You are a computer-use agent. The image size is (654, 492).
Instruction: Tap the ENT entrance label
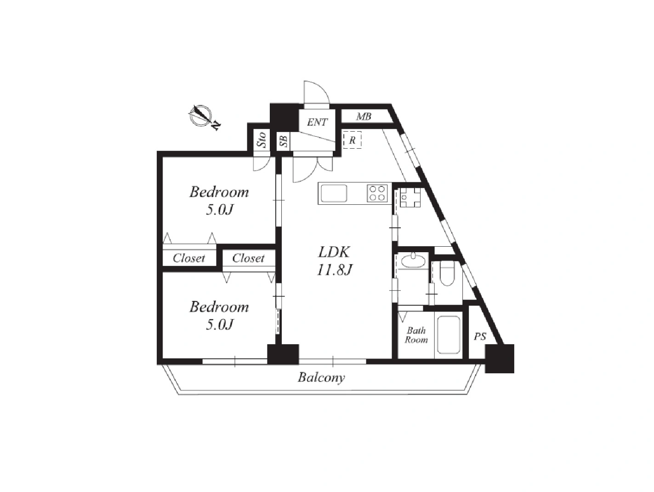(317, 122)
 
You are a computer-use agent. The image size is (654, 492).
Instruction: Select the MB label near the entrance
(364, 116)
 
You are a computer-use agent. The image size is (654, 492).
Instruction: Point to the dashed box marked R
(352, 139)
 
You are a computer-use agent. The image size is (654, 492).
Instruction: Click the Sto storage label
(262, 139)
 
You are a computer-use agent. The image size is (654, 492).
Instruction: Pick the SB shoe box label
(284, 141)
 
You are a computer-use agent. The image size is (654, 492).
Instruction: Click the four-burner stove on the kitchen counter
(377, 193)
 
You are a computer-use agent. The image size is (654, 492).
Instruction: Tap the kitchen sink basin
(333, 193)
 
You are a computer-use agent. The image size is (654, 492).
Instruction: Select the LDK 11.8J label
(334, 261)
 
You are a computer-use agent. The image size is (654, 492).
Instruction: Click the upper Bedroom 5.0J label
(219, 201)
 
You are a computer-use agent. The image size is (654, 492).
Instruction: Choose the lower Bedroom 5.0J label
(219, 315)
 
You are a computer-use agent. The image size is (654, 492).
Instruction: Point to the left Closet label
(189, 258)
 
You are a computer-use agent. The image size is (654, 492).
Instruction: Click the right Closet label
(248, 258)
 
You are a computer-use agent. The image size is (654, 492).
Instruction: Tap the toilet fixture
(447, 273)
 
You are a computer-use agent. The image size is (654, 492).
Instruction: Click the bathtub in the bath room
(449, 335)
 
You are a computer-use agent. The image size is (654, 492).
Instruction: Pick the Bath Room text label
(416, 335)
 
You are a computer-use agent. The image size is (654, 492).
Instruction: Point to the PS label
(480, 336)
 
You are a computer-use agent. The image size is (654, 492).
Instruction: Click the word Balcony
(321, 378)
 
